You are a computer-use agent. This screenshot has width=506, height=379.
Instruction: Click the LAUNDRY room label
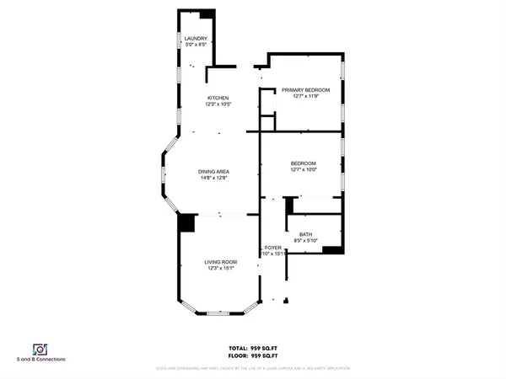[196, 38]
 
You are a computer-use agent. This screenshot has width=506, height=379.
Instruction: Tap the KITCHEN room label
[218, 99]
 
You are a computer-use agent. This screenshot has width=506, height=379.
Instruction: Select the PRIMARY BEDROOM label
[305, 89]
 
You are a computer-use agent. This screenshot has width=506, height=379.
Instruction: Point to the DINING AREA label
[214, 172]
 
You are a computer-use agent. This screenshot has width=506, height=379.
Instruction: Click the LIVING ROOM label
[220, 262]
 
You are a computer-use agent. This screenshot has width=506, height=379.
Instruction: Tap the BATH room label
[305, 235]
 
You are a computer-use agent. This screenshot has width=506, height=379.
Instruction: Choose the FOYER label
[272, 248]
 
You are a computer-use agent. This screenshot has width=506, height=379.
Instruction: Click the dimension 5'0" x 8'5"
[196, 44]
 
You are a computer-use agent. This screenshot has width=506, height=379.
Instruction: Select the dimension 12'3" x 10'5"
[218, 105]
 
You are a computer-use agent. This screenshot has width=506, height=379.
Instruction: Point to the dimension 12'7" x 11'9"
[305, 96]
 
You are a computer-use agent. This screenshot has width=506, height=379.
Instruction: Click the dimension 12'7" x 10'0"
[303, 169]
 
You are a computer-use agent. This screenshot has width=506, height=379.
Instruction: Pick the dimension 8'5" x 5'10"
[305, 242]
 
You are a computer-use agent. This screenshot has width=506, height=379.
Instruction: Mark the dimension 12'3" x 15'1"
[220, 269]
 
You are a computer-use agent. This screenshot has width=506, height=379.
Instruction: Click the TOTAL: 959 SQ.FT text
[252, 348]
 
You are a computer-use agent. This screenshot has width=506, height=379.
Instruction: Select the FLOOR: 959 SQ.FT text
[252, 355]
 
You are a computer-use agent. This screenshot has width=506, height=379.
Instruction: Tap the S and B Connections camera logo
[39, 349]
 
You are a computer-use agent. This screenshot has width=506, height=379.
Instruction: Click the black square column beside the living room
[186, 222]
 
